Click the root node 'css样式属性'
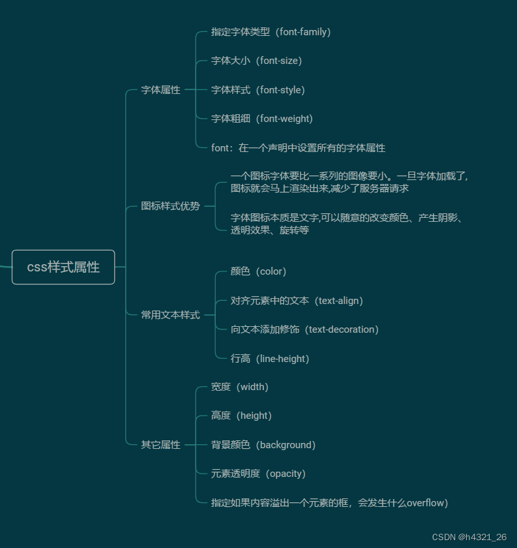pos(63,267)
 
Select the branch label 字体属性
pos(160,90)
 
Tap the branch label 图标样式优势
pos(170,206)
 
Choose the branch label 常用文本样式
pos(170,315)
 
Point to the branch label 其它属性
pos(160,445)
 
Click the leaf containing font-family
pos(271,32)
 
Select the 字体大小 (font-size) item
pos(256,61)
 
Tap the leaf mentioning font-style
pos(258,90)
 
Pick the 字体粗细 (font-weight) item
pos(261,119)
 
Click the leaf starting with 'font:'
pos(298,148)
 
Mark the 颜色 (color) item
pos(258,271)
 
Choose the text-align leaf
pos(297,301)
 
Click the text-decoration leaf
pos(304,329)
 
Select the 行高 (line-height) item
pos(270,359)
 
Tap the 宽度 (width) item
pos(239,387)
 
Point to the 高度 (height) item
pos(241,416)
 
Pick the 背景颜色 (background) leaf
pos(263,445)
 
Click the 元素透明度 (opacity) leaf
pos(258,474)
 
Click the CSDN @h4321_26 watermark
pos(469,537)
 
